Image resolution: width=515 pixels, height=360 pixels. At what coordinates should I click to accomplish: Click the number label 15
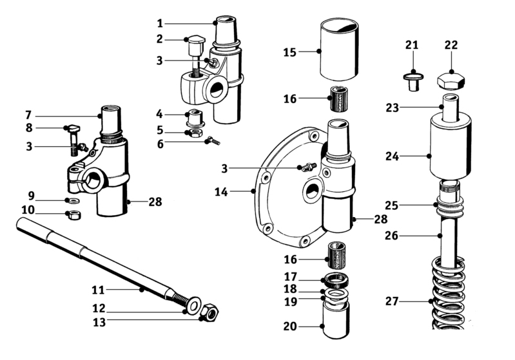(289, 52)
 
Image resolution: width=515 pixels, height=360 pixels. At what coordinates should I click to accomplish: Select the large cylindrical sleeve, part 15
(339, 49)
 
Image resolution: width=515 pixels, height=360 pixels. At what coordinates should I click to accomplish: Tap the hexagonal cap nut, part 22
(451, 81)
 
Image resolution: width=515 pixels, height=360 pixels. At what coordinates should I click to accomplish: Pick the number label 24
(392, 156)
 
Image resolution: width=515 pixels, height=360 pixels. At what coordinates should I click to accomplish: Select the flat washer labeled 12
(193, 305)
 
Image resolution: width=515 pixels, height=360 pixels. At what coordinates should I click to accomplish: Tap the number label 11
(98, 290)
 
